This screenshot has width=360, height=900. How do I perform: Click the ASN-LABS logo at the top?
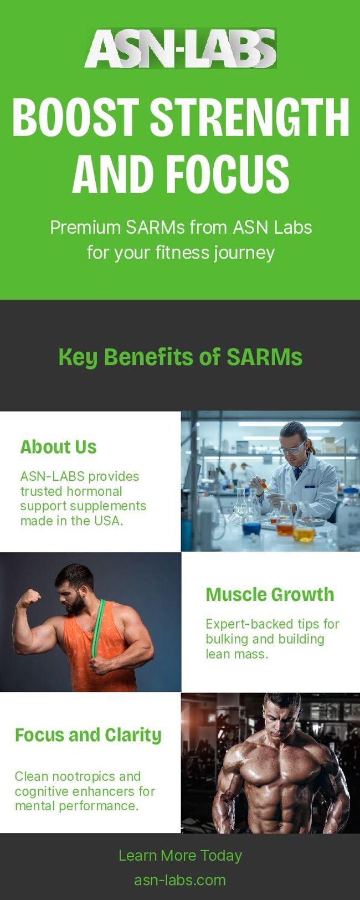pos(181,48)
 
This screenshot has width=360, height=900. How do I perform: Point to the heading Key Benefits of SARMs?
pos(181,357)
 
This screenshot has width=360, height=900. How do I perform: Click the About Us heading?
pos(58,447)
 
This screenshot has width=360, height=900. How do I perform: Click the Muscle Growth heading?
pos(270,595)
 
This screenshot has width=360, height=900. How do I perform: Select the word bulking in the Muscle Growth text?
pos(228,639)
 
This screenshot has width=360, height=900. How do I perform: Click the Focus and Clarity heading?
pos(88,736)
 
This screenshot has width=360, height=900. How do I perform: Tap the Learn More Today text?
pos(181,856)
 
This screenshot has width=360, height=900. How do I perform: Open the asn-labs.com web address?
pos(180,880)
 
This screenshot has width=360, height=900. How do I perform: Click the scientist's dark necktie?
pos(297,472)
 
